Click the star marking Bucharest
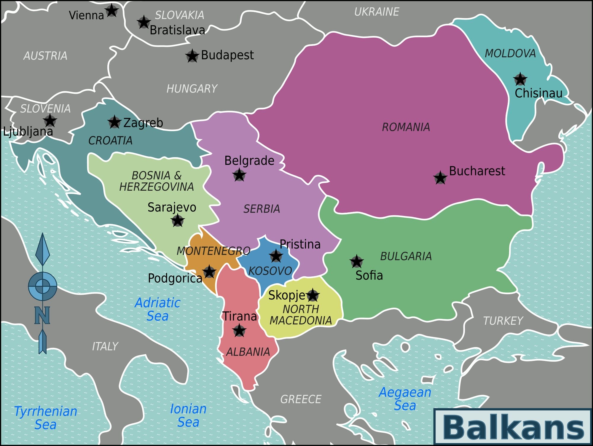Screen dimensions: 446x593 [440, 178]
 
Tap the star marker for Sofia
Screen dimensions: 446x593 [356, 262]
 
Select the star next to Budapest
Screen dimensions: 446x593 [192, 56]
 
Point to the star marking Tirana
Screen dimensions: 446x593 [239, 330]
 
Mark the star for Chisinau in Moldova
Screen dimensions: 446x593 [520, 79]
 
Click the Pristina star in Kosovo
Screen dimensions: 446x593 [276, 256]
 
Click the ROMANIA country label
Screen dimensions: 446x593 [406, 127]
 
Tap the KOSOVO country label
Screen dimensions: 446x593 [270, 271]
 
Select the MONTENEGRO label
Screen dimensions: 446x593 [213, 251]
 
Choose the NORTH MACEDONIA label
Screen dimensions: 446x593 [301, 315]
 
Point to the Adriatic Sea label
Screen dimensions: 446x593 [157, 309]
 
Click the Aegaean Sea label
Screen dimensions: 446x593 [405, 399]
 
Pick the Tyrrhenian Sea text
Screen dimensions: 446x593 [46, 418]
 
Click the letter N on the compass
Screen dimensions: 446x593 [42, 315]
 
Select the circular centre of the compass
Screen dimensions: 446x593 [42, 286]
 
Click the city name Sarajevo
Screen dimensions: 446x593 [172, 207]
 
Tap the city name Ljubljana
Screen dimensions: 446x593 [28, 131]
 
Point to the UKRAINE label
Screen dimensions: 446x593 [377, 12]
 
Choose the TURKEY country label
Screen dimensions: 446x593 [503, 321]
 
